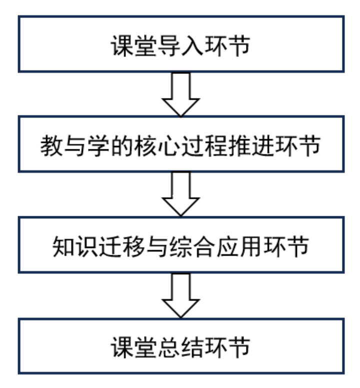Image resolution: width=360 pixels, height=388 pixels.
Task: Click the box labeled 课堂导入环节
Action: point(181,44)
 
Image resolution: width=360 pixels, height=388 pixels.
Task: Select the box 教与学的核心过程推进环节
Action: point(181,144)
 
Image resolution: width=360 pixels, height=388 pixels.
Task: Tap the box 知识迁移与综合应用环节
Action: point(181,245)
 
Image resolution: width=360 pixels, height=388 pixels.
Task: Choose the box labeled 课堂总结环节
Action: point(181,346)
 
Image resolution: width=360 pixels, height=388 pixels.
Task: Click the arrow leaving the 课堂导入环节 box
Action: point(181,94)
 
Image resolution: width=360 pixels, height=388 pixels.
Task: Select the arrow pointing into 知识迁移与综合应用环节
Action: point(181,194)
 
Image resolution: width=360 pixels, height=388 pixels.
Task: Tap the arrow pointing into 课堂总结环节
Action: point(181,296)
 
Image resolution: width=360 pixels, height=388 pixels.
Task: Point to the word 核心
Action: point(157,146)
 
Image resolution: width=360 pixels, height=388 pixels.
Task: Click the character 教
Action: point(52,146)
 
